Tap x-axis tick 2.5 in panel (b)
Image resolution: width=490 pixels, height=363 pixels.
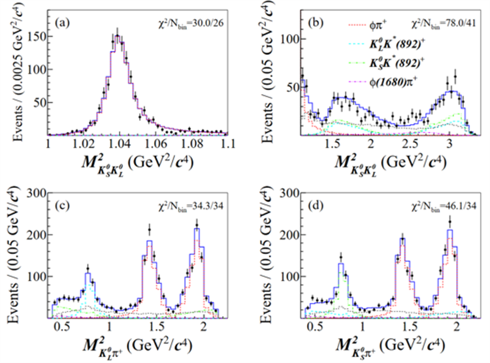410,143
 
